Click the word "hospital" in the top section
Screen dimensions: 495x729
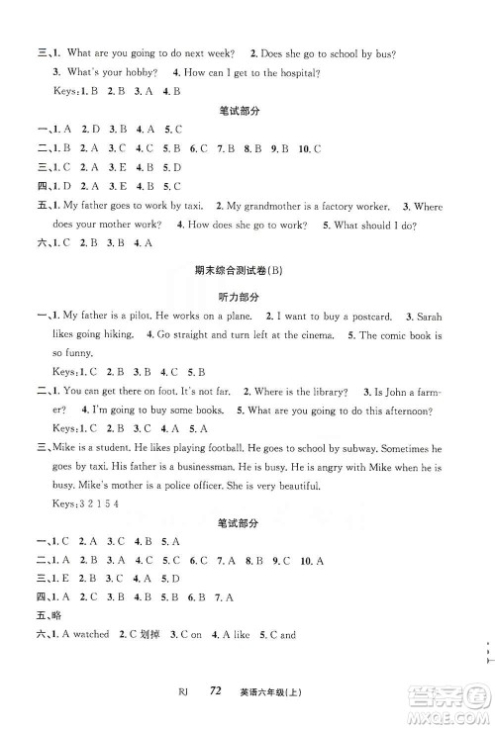(292, 71)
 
